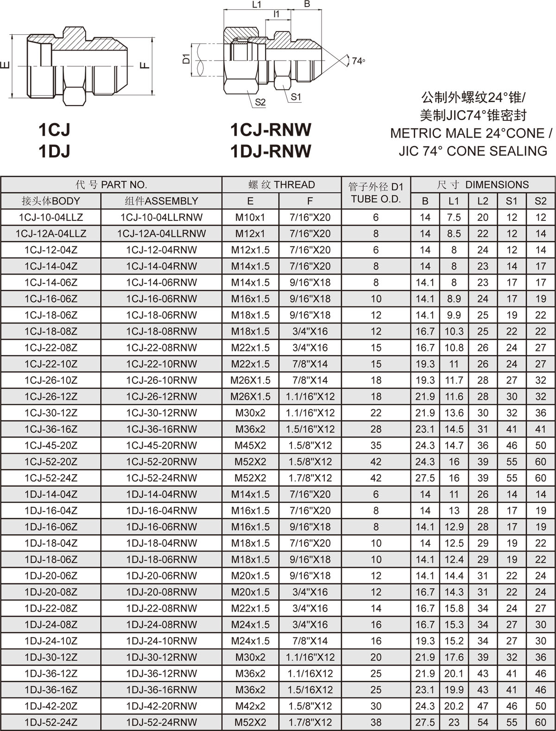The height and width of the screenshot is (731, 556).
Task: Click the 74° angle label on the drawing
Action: tap(358, 61)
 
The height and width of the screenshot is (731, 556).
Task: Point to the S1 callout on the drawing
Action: tap(296, 97)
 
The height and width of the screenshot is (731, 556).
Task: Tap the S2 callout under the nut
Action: tap(260, 102)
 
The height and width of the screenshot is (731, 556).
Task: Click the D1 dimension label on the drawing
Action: tap(186, 59)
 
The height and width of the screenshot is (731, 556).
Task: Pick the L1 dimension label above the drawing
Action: tap(257, 5)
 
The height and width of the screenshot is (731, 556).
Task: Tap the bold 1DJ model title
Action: tap(54, 151)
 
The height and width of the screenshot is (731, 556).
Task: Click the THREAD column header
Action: tap(282, 185)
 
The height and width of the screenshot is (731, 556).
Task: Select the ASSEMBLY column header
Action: tap(161, 201)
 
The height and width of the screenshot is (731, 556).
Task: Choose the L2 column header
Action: tap(483, 201)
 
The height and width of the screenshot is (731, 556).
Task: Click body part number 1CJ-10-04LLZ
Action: tap(51, 217)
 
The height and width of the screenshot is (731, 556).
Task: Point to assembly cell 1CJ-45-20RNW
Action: tap(161, 445)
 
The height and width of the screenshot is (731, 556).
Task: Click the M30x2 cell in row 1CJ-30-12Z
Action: tap(250, 413)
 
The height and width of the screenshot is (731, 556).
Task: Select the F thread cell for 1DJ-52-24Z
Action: tap(310, 722)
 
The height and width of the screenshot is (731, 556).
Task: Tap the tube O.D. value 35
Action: tap(376, 445)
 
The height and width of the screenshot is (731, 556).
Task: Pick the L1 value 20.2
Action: tap(454, 706)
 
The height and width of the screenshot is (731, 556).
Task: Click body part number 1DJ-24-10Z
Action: tap(51, 641)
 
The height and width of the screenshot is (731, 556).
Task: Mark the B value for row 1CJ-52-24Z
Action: tap(425, 478)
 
